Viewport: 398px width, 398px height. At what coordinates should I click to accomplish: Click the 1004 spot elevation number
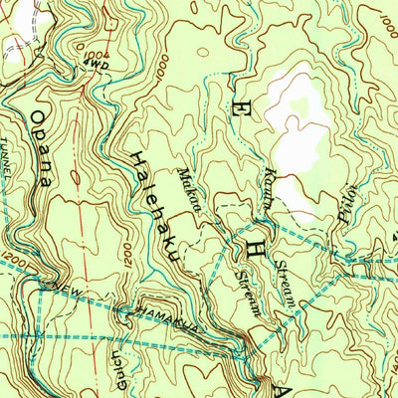[96, 56]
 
